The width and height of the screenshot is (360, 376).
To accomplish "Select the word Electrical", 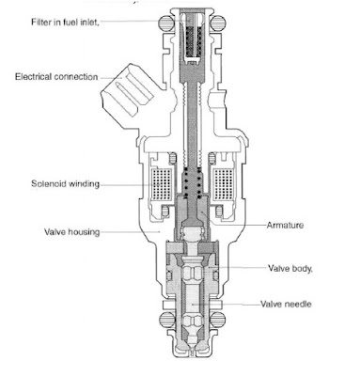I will [x=34, y=77].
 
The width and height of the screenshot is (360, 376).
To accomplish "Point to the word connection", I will [x=77, y=77].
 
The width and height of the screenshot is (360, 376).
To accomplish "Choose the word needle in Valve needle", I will [x=301, y=305].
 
